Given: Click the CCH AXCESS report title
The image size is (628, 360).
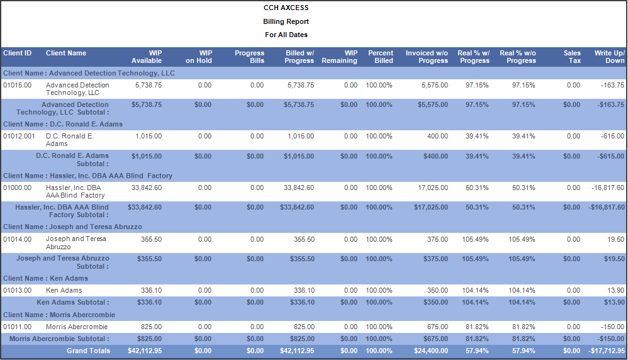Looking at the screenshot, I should pos(286,8).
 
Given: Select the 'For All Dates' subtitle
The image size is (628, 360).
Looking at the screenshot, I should pos(286,35).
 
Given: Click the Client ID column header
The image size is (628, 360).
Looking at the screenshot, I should pos(17,53).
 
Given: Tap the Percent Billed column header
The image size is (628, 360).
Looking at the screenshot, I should pos(380,57).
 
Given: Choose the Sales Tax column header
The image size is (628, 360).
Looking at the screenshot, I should pos(572,57).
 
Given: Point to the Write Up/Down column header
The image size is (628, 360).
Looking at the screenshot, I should pos(609,57).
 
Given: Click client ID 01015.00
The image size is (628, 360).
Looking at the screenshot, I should pos(17,85).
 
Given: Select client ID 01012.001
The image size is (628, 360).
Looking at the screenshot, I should pos(20,136).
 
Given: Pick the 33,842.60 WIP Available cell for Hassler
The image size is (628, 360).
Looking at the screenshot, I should pos(144,188).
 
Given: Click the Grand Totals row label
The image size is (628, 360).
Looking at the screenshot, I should pos(88,351).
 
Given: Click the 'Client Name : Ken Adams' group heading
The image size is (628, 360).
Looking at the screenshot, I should pos(45,278).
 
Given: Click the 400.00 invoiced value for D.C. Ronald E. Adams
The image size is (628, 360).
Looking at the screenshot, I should pos(437,136).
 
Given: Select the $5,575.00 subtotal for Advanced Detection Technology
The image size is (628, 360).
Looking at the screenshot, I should pos(432,105).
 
